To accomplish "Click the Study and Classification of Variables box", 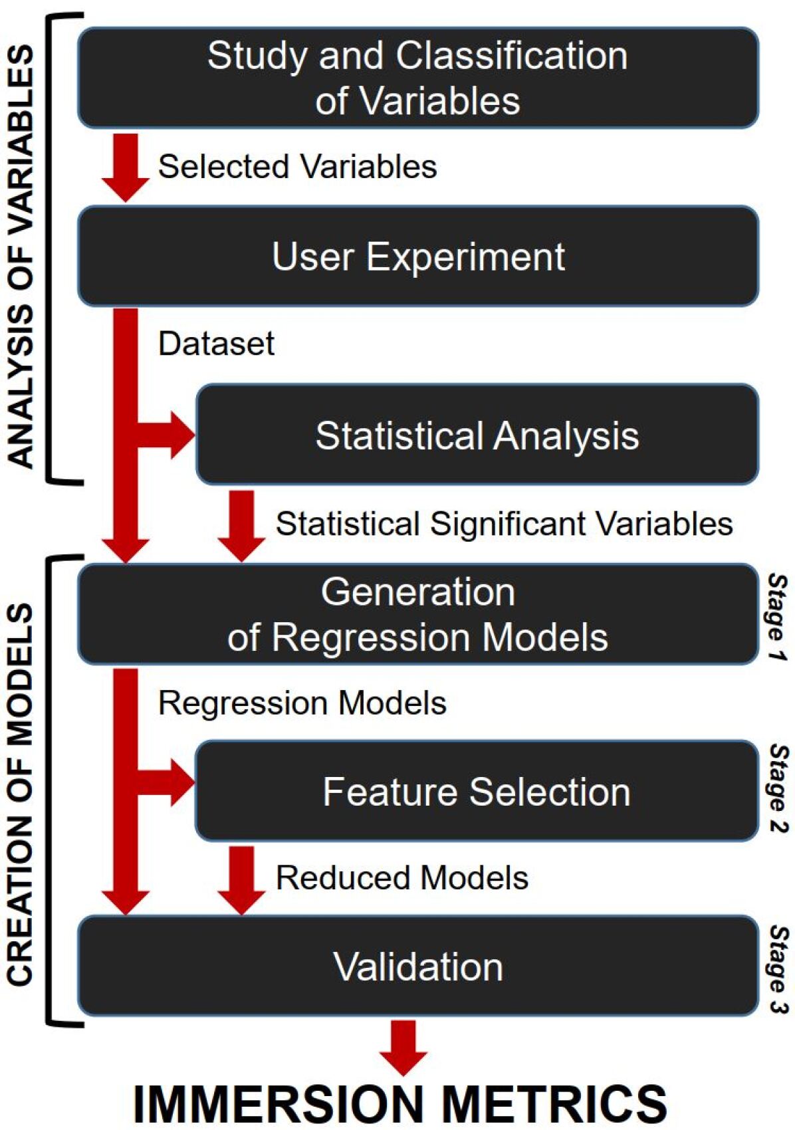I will [417, 78].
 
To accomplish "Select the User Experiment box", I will [417, 257].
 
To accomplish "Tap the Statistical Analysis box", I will [477, 435].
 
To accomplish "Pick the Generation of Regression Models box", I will [417, 614].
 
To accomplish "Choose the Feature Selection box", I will [477, 792].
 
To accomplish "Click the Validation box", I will [417, 966].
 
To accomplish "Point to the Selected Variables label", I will [297, 166].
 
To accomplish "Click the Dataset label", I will [216, 344].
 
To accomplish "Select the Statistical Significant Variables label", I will [504, 523].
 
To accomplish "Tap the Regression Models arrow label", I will [302, 703].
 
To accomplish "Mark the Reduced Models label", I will [401, 877].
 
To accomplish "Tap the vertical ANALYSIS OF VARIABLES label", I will [21, 256].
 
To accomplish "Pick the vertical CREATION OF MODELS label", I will [21, 794].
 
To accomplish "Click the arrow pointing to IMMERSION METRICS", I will [403, 1047].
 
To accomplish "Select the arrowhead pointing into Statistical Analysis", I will [181, 435].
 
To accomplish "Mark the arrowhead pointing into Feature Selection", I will [181, 783].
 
